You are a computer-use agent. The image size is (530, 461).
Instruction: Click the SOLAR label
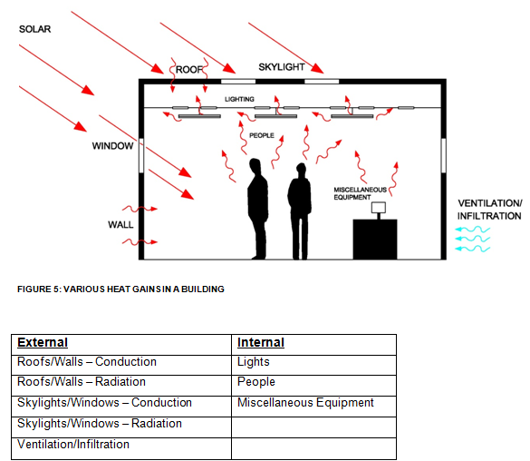pos(34,29)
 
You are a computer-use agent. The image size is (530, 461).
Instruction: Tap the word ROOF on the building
pos(189,69)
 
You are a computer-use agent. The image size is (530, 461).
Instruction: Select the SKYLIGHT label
pos(282,67)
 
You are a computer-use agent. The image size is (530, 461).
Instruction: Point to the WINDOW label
pos(112,145)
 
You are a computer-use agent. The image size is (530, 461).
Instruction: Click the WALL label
pos(120,224)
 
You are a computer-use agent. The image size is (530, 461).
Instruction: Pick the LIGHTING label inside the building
pos(240,98)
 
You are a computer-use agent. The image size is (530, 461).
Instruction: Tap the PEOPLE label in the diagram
pos(262,135)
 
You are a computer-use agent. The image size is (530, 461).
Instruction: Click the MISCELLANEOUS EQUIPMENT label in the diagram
pos(361,192)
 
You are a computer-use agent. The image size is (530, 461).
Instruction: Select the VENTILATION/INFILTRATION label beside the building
pos(489,210)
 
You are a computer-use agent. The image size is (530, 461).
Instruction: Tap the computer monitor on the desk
pos(378,208)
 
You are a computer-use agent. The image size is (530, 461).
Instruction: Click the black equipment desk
pos(374,239)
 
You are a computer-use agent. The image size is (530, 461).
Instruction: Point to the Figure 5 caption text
pos(120,289)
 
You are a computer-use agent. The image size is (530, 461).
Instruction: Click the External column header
pos(43,343)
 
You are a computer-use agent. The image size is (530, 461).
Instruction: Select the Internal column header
pos(261,343)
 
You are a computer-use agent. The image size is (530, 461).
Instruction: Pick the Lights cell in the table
pos(254,362)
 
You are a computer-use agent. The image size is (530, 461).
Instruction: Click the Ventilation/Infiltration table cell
pos(73,445)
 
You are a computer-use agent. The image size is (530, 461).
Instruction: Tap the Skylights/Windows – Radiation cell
pos(100,424)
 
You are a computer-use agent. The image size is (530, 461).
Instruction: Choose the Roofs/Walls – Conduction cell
pos(87,362)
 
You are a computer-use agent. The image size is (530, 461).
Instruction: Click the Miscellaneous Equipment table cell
pos(305,403)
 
